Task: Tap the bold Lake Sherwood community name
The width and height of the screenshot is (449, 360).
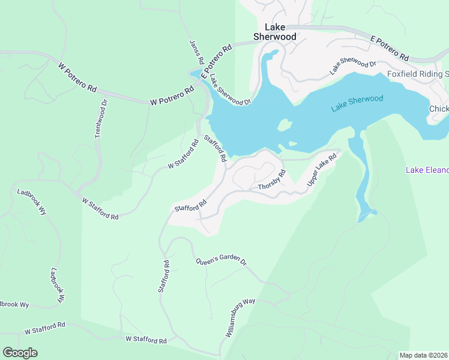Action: pos(275,32)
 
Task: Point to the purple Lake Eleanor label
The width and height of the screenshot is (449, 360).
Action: pos(427,170)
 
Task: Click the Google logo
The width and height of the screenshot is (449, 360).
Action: pos(20,353)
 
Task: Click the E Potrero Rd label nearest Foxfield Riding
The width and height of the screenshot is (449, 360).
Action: pos(390,49)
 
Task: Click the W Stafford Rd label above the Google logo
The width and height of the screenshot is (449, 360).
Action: pos(45,328)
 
